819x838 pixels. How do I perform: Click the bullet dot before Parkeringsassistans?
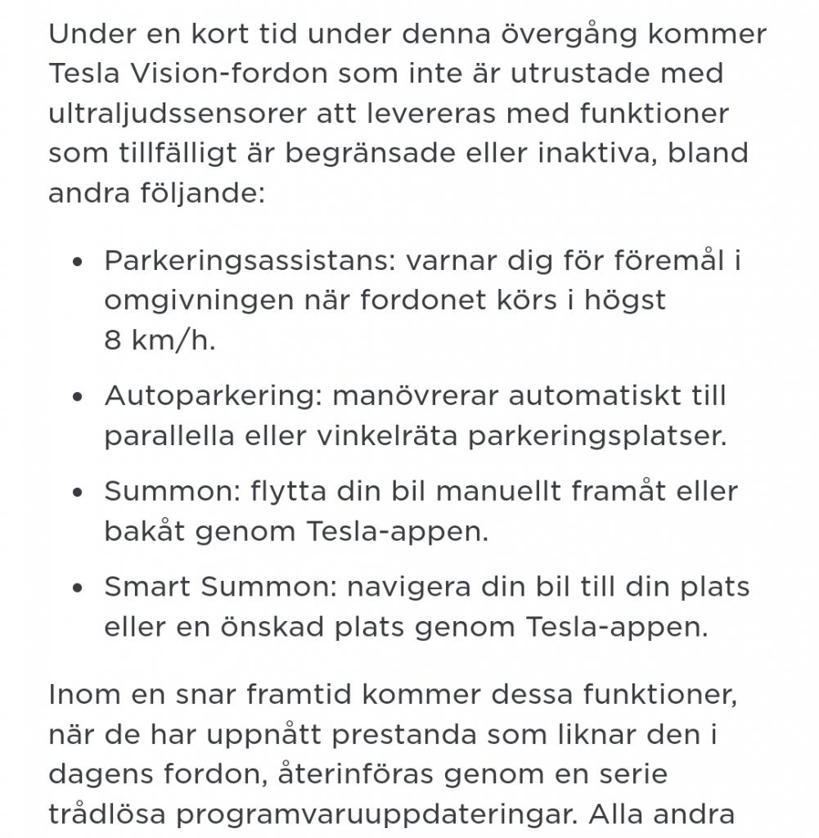78,262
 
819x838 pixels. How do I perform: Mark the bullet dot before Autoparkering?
78,397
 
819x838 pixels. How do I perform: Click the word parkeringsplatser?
596,436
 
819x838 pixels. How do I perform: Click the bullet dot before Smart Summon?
78,588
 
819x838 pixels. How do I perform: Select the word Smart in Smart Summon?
147,587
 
